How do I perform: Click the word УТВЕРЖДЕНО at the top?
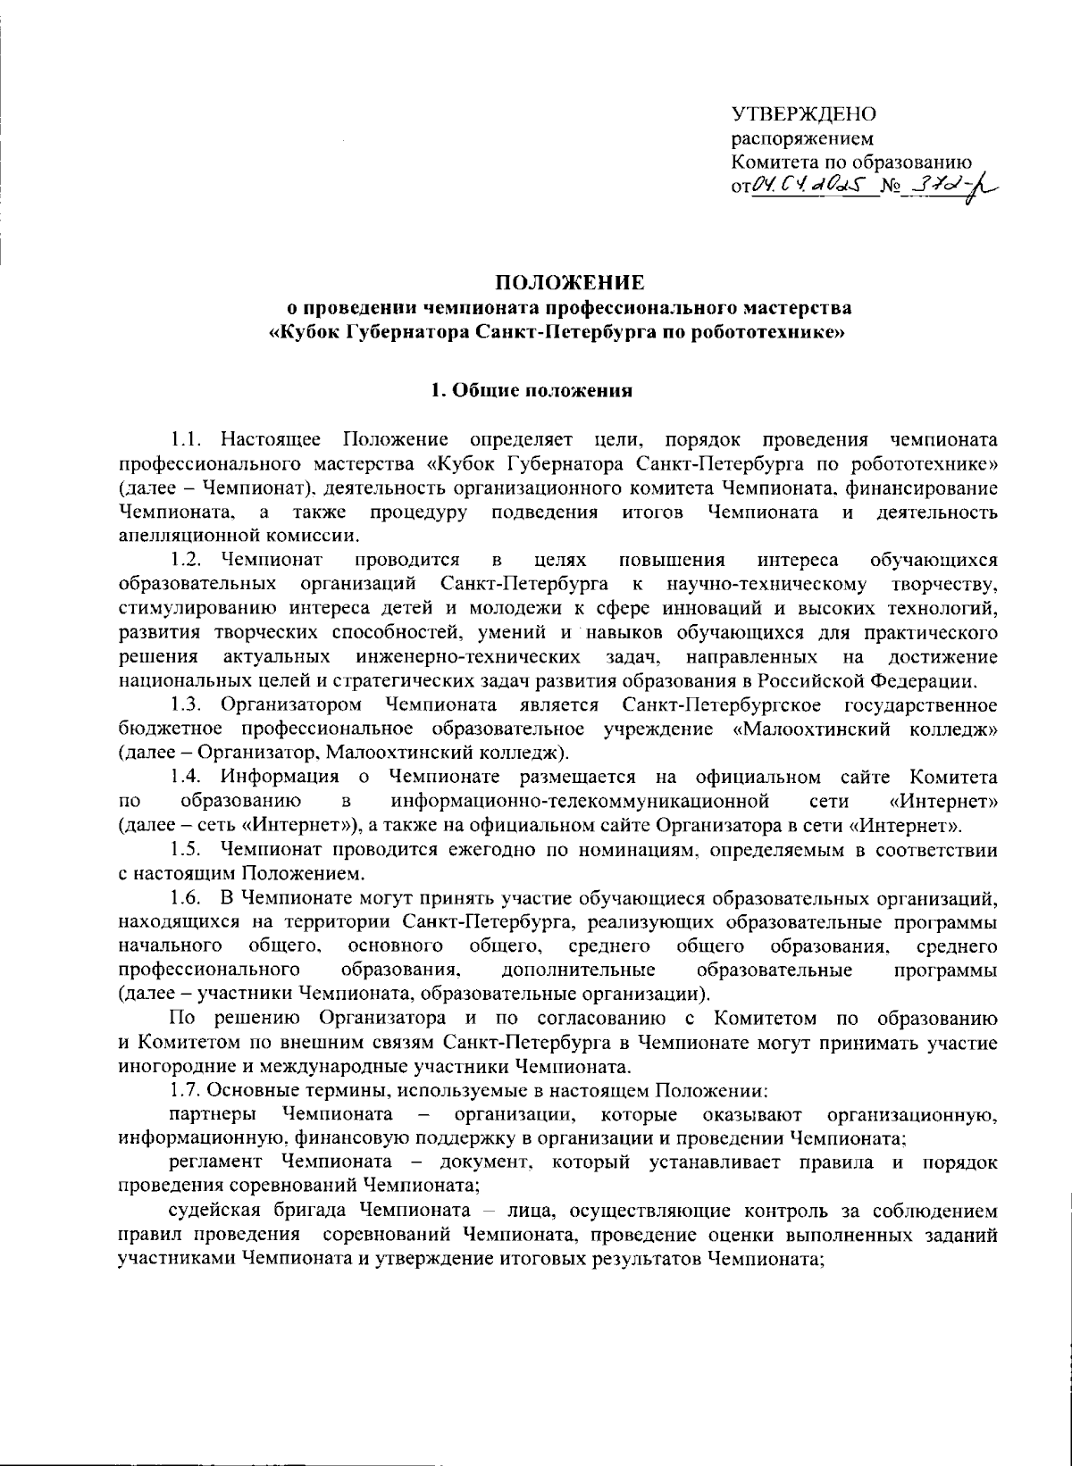tap(803, 114)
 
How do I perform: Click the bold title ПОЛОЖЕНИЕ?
tap(570, 284)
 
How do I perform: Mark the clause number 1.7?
tap(186, 1091)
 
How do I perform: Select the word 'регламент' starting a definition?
tap(215, 1163)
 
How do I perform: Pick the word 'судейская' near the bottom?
tap(215, 1212)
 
